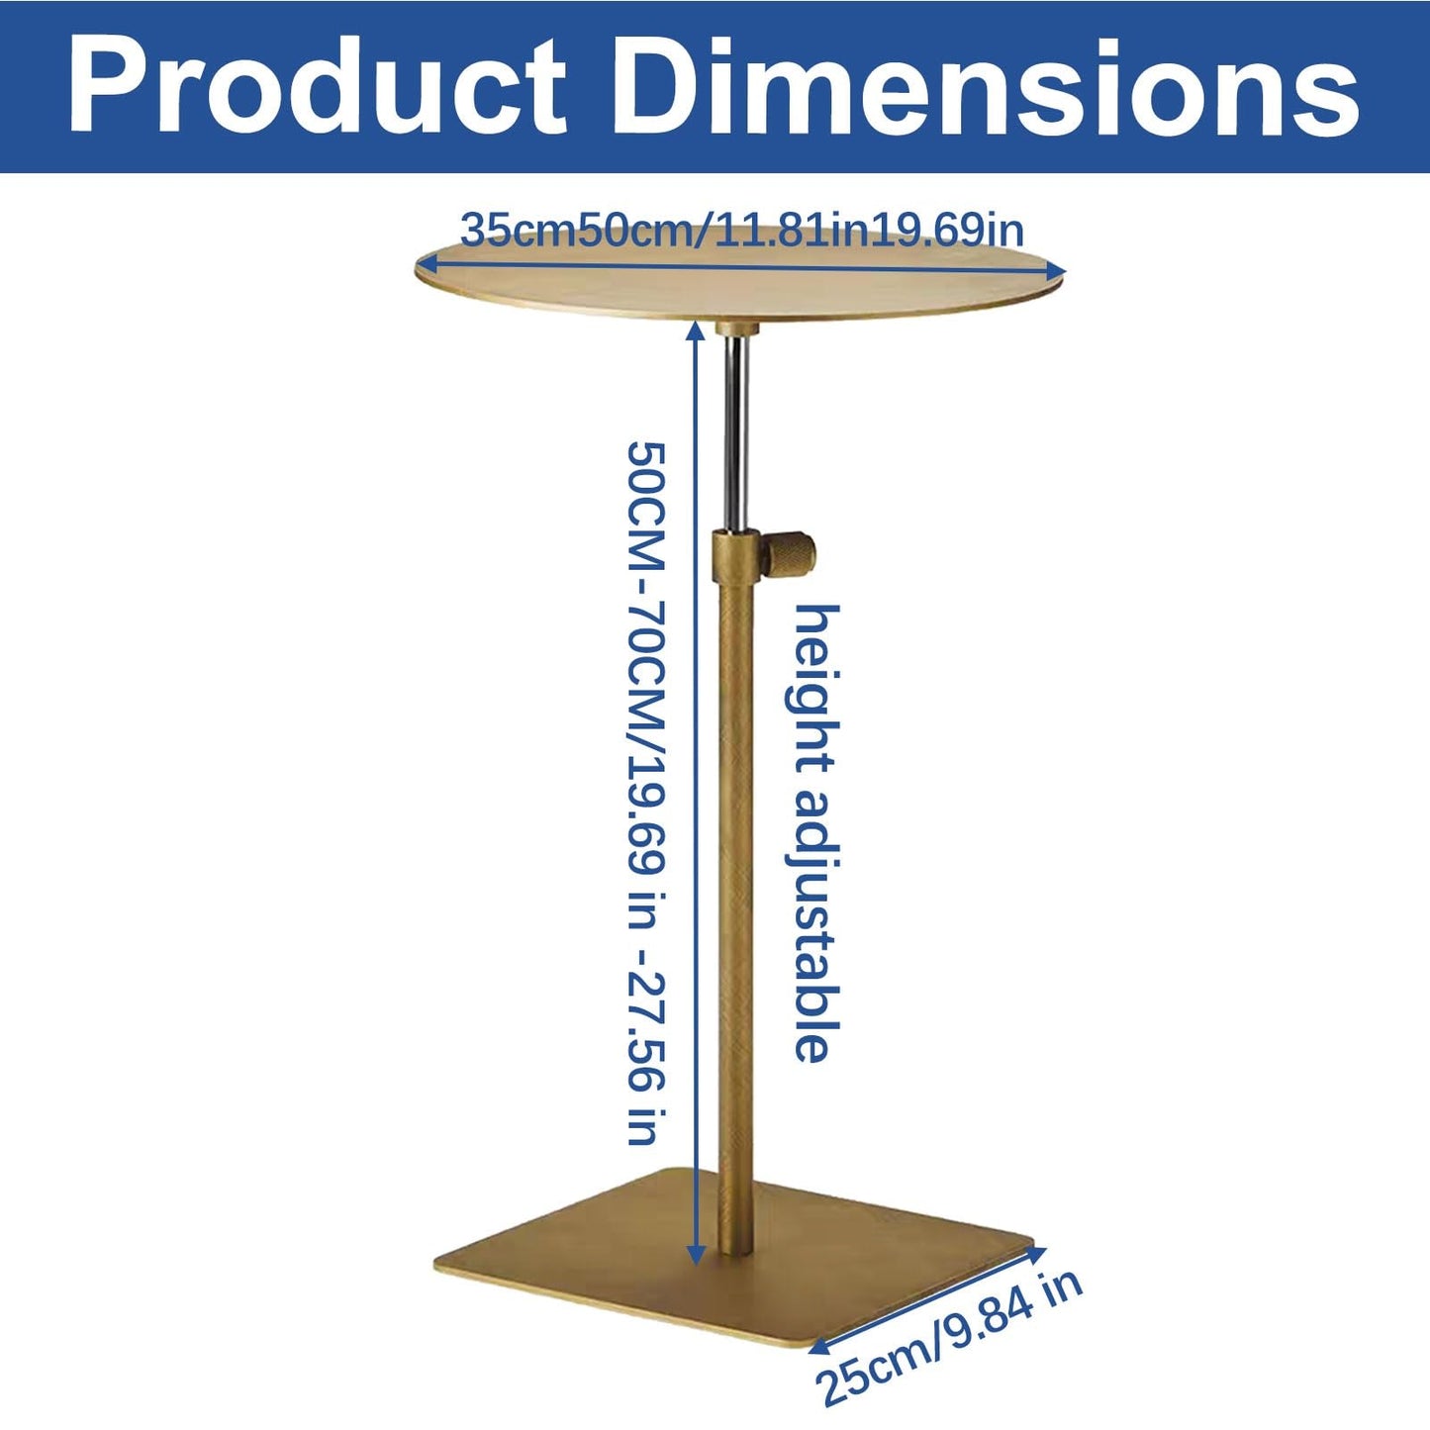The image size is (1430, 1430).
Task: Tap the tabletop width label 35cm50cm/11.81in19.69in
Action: [x=741, y=230]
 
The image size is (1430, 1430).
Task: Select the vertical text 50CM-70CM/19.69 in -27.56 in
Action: [x=647, y=794]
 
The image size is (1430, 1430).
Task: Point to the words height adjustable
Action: [x=814, y=835]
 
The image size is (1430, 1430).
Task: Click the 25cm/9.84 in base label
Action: [x=949, y=1346]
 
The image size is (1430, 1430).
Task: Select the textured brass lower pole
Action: [x=736, y=920]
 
